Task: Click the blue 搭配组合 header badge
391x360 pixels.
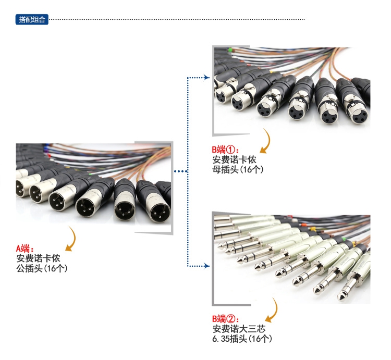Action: click(x=32, y=20)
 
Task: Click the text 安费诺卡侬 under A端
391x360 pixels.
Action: click(x=39, y=258)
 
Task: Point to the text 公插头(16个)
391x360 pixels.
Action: click(x=42, y=268)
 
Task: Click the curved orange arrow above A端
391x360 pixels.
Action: click(x=70, y=237)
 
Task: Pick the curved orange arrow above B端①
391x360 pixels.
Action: click(x=267, y=141)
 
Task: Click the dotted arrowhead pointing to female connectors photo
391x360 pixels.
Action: click(x=206, y=78)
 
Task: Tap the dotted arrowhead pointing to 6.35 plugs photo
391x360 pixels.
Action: click(x=206, y=266)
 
